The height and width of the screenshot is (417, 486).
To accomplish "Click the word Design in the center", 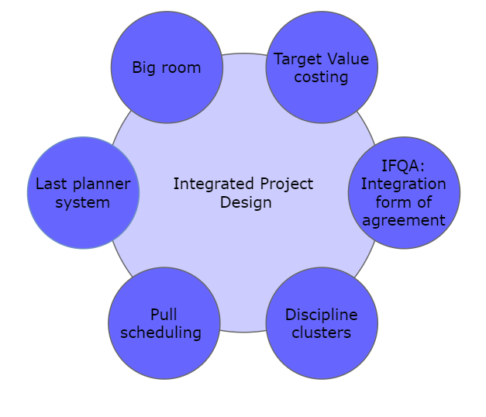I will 246,202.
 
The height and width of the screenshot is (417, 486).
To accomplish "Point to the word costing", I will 322,78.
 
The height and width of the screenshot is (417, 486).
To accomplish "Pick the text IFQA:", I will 404,166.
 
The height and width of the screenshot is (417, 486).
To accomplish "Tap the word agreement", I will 404,220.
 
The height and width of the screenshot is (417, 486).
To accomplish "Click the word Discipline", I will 322,315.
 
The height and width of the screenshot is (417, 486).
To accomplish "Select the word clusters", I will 322,333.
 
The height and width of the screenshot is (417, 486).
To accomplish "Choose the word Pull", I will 164,315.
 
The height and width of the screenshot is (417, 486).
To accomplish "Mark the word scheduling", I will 164,333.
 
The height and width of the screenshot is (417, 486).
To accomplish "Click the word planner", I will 102,184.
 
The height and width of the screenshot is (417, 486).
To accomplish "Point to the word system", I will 83,202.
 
